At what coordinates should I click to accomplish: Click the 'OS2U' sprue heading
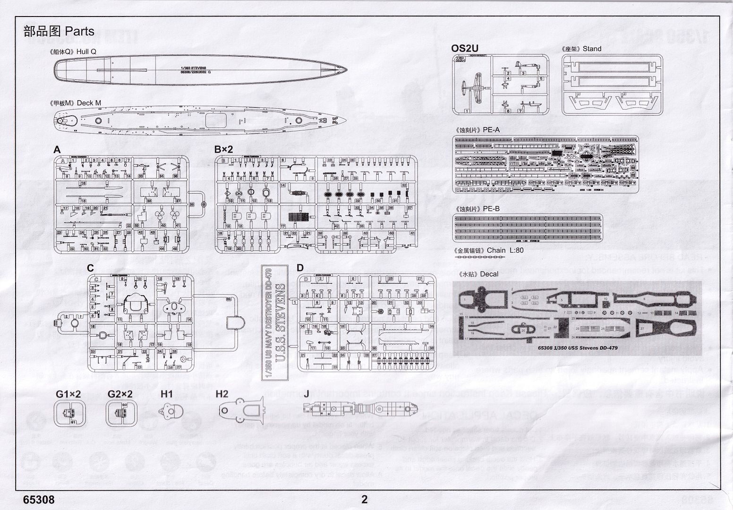pyautogui.click(x=465, y=48)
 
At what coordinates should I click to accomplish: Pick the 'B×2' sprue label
pyautogui.click(x=224, y=149)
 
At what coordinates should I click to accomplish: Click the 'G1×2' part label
pyautogui.click(x=68, y=394)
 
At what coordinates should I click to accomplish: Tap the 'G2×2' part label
pyautogui.click(x=120, y=394)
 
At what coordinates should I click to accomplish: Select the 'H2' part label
pyautogui.click(x=222, y=394)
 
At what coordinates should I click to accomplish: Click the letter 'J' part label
pyautogui.click(x=307, y=394)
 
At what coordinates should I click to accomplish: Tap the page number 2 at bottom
pyautogui.click(x=364, y=499)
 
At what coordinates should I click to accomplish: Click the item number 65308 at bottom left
pyautogui.click(x=38, y=499)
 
